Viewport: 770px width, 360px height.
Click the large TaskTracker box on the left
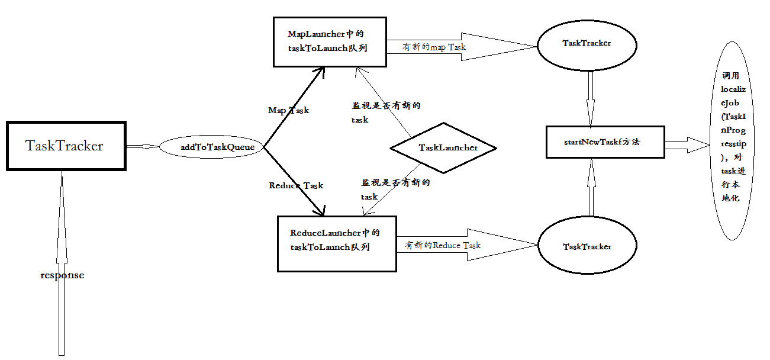tap(66, 146)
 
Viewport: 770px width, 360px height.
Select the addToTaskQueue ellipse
tap(211, 147)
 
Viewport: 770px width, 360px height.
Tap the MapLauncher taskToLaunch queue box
tap(329, 41)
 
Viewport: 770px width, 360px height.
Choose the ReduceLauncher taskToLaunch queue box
tap(337, 243)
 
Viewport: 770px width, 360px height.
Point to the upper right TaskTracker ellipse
tap(587, 44)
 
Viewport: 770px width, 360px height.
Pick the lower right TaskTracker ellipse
tap(587, 246)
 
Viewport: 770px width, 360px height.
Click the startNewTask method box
tap(605, 142)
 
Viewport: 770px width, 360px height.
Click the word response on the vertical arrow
tap(62, 275)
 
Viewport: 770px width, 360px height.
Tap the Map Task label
tap(288, 110)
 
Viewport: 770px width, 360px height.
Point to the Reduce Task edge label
tap(296, 185)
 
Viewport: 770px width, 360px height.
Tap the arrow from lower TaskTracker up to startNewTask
tap(591, 188)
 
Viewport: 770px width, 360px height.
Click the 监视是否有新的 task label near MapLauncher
tap(385, 112)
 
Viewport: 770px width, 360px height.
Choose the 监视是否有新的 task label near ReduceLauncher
tap(395, 189)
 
